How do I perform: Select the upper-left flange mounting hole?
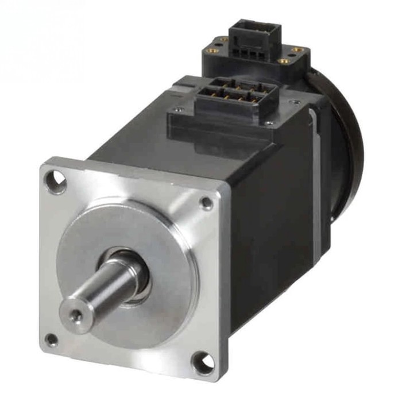(x=56, y=181)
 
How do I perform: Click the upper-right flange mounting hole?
(x=206, y=203)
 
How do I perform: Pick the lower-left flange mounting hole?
(x=52, y=339)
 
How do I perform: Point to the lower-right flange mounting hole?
(x=202, y=362)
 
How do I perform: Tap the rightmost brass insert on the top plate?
(x=296, y=51)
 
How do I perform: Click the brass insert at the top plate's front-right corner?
(x=283, y=61)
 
